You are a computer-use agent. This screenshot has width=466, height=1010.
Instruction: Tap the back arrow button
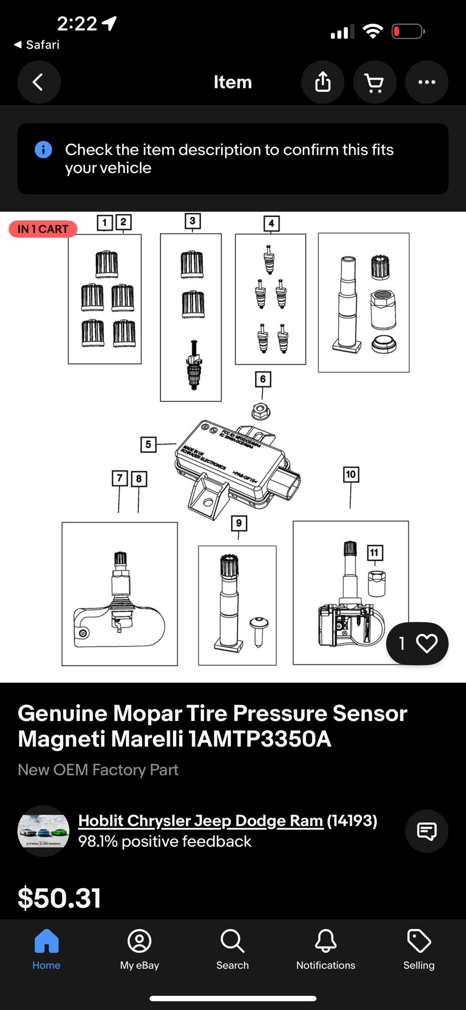[39, 82]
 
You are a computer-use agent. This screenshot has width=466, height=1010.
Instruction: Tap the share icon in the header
[322, 82]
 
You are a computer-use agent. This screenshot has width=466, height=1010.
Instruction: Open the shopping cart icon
[374, 82]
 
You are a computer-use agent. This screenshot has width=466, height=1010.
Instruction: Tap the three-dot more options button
[426, 82]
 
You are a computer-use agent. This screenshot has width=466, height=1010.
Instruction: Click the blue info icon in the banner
[43, 150]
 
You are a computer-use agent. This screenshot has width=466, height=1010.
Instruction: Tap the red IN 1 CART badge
[43, 229]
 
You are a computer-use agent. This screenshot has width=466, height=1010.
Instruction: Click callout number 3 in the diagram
[193, 221]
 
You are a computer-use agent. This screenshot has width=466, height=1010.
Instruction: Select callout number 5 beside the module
[148, 445]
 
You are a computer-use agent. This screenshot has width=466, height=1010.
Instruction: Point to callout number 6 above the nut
[263, 379]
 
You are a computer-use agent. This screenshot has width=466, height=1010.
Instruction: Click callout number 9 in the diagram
[239, 523]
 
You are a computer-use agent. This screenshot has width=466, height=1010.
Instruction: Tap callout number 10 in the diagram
[351, 474]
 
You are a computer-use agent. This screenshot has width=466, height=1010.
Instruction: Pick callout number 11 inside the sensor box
[374, 552]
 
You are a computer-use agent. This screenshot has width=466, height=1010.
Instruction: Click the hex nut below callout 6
[260, 411]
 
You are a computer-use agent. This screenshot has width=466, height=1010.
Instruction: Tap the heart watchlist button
[426, 643]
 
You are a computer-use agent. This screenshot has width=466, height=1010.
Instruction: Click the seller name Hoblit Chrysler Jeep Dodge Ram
[200, 821]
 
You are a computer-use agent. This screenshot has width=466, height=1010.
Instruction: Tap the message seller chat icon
[426, 831]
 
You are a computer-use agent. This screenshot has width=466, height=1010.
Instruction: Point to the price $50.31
[59, 897]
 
